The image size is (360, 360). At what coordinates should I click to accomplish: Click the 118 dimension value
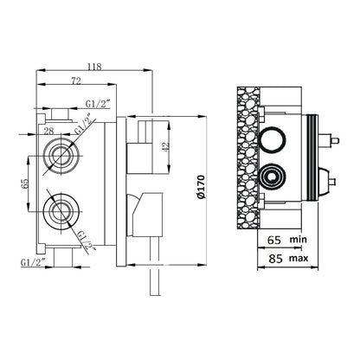[x=95, y=67]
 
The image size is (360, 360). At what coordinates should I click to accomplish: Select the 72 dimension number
[x=76, y=81]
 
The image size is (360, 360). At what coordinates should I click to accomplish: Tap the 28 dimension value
[x=49, y=131]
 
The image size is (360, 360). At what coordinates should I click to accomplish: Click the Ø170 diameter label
[x=201, y=187]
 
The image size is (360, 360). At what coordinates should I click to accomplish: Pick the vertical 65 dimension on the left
[x=25, y=183]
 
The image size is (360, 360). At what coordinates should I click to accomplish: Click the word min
[x=299, y=239]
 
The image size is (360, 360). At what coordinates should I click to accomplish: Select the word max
[x=299, y=258]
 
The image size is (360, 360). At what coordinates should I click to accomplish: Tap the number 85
[x=275, y=259]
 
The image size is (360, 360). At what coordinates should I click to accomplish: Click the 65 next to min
[x=274, y=240]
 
